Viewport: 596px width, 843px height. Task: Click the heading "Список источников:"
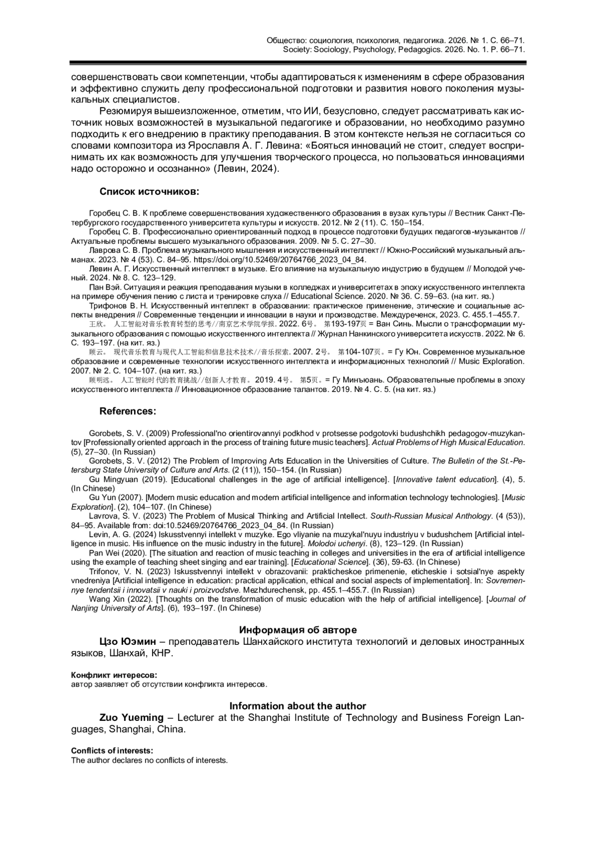[149, 192]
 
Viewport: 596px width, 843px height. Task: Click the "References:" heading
[128, 411]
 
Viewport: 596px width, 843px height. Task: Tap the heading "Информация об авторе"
[298, 630]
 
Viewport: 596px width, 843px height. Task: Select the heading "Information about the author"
[298, 706]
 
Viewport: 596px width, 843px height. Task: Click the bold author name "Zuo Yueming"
[131, 717]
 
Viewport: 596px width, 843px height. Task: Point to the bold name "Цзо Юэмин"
[128, 641]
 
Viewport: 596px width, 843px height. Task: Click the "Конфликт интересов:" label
[114, 675]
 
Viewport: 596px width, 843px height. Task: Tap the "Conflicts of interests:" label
[112, 751]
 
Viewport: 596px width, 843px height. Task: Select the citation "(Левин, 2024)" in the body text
[246, 169]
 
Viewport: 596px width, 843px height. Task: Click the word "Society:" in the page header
[297, 50]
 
